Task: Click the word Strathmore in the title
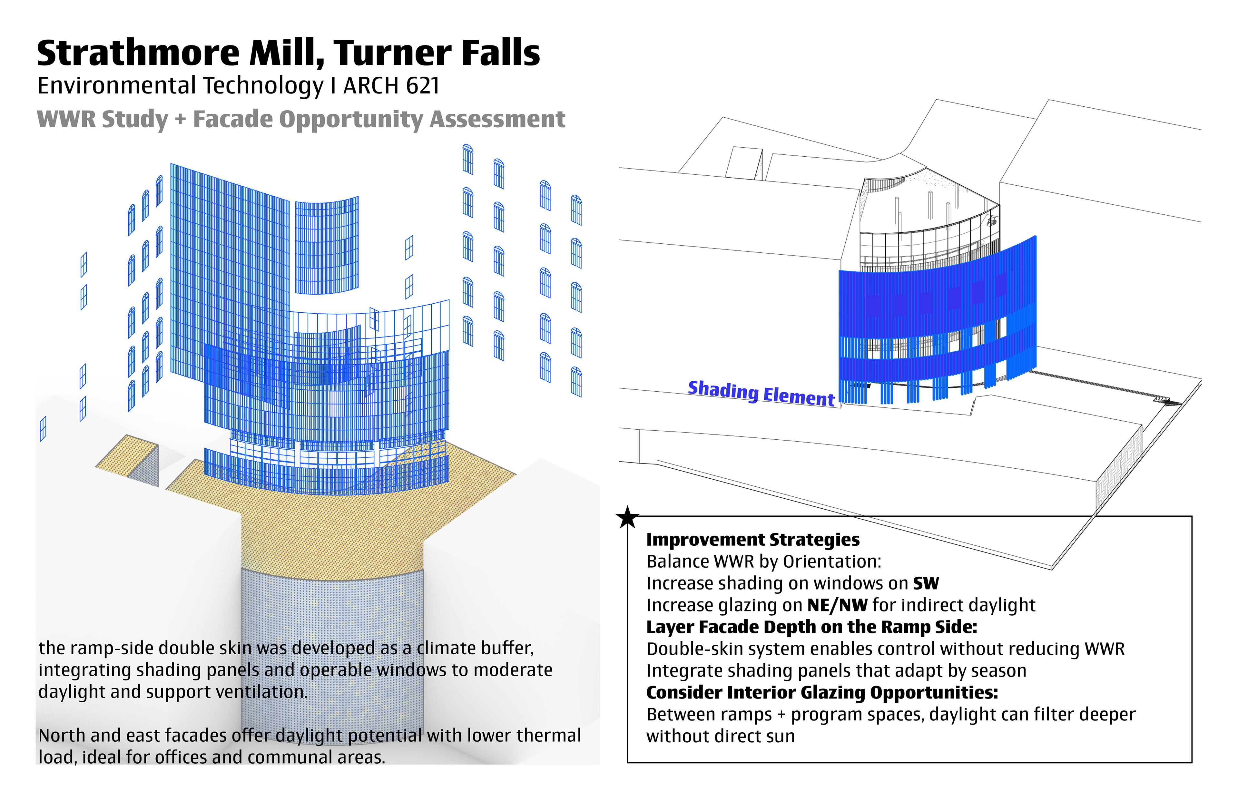tap(138, 53)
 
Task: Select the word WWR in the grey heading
tap(67, 119)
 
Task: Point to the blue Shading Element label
tap(761, 393)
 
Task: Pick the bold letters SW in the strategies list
tap(926, 583)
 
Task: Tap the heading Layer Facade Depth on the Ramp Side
tap(811, 627)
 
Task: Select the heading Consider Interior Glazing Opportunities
tap(822, 692)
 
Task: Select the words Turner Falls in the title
tap(437, 53)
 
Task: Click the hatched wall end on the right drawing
tap(1118, 468)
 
